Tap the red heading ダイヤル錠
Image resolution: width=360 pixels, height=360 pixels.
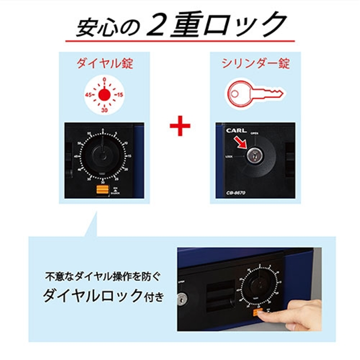104,63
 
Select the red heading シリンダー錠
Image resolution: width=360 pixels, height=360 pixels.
255,63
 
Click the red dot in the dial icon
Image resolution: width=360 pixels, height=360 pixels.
104,94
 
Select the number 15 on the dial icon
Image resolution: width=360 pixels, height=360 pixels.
119,95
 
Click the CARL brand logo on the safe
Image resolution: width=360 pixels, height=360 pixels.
236,131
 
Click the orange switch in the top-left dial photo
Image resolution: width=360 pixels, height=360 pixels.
101,190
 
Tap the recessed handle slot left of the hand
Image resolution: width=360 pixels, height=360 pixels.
219,297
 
